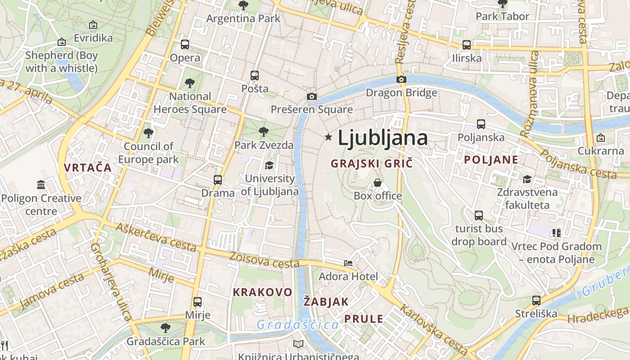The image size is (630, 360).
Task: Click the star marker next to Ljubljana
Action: coord(328,137)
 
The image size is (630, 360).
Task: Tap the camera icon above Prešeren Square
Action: coord(311,96)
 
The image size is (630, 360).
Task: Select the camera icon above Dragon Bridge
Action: coord(401,80)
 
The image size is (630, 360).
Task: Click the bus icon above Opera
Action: coord(185,45)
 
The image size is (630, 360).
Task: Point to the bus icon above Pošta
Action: coord(255,75)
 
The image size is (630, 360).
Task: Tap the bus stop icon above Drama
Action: coord(218,180)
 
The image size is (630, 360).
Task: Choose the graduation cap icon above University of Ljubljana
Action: coord(269,165)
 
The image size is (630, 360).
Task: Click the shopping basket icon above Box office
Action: coord(378,183)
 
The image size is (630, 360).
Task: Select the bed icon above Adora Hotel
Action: coord(348,263)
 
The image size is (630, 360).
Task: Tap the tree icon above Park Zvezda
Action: coord(264,132)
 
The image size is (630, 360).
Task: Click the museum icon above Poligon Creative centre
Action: coord(41,184)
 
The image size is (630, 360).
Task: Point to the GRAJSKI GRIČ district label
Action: coord(372,163)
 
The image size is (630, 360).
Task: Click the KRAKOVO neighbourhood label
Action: coord(262,292)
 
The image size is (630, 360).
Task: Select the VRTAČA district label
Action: coord(87,168)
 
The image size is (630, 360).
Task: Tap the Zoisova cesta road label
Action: coord(264,260)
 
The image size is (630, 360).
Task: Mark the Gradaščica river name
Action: coord(298,324)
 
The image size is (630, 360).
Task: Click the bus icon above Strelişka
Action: coord(536,300)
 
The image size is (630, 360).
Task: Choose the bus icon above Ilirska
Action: coord(467,45)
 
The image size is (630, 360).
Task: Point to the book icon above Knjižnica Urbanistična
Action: coord(298,344)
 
